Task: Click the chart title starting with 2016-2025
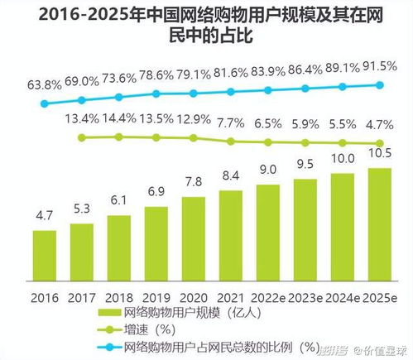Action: [206, 25]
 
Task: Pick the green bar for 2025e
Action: [379, 221]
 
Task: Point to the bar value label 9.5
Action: [305, 164]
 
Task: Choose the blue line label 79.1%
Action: [191, 74]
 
